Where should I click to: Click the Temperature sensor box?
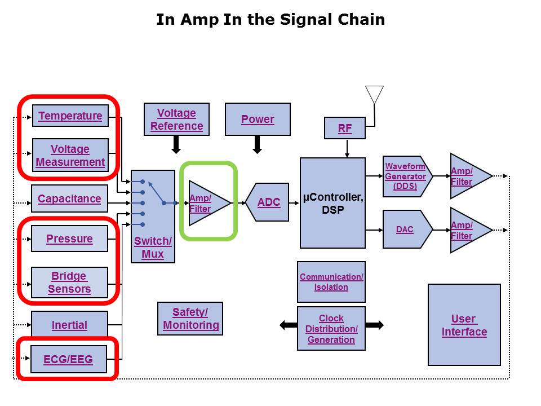(70, 116)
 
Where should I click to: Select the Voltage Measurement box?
(70, 156)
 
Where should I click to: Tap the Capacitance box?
(69, 198)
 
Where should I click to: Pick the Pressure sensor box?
(69, 239)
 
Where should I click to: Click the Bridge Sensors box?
(69, 283)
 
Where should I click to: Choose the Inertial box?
(69, 325)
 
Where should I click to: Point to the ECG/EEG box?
(68, 359)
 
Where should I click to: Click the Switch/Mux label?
(153, 248)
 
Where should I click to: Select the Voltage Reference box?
(176, 120)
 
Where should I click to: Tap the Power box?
(258, 119)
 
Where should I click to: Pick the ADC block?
(268, 202)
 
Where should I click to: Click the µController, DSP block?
(332, 203)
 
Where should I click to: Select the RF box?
(345, 128)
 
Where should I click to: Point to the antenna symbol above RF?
(374, 94)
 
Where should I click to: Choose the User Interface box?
(464, 325)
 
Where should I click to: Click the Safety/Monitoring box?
(190, 319)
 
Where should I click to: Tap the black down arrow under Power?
(258, 145)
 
